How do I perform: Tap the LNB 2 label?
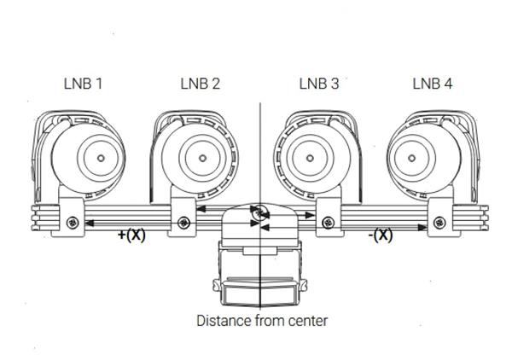tap(201, 84)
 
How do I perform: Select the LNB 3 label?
tap(318, 84)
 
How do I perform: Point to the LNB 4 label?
tap(433, 84)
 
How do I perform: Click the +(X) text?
tap(131, 235)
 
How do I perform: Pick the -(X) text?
tap(382, 235)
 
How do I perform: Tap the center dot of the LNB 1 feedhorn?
tap(101, 159)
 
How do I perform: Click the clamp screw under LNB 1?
tap(71, 224)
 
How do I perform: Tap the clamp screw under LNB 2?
tap(183, 224)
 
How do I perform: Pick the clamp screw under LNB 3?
tap(327, 224)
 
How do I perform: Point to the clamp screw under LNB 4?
tap(439, 224)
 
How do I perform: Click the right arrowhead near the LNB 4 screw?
tap(427, 228)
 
